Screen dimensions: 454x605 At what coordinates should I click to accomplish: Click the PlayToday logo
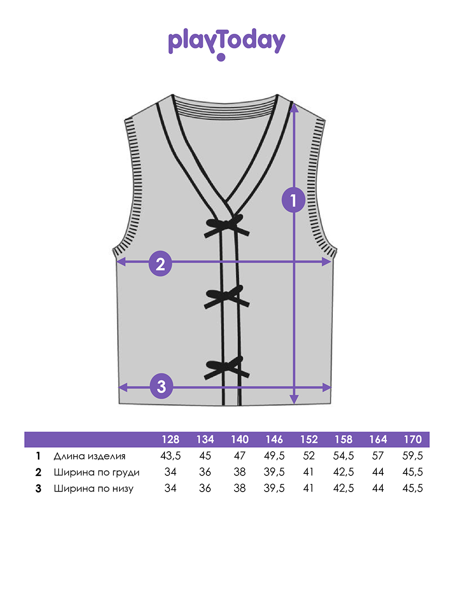point(226,44)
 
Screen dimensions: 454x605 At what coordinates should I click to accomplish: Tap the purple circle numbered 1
point(293,200)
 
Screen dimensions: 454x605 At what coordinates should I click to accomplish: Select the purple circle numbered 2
point(160,264)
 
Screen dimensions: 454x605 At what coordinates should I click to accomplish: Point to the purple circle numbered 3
point(161,386)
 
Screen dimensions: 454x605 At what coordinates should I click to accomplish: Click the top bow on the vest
point(226,225)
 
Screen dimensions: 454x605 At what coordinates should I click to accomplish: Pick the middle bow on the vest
point(226,297)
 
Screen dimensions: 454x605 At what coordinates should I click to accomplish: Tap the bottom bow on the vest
point(226,368)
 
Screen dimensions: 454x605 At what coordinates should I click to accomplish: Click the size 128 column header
point(171,439)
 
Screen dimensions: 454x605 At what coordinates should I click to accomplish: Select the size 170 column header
point(413,439)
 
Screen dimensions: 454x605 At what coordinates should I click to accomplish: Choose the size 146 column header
point(274,439)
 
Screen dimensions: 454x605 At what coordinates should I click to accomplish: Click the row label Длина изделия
point(90,456)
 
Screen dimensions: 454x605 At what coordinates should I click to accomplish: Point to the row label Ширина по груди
point(96,472)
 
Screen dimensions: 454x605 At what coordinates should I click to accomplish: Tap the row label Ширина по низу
point(94,489)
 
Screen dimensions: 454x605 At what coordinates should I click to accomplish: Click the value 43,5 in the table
point(171,456)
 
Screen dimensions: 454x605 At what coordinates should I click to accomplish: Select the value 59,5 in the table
point(413,456)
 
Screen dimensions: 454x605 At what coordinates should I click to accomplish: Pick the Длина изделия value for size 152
point(309,456)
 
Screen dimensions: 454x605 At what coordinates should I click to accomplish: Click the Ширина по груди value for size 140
point(240,472)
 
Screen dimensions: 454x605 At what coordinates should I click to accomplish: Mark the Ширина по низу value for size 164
point(378,488)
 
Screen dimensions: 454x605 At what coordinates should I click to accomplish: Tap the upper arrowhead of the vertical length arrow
point(294,107)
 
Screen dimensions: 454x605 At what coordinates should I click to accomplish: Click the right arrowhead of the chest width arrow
point(326,262)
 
